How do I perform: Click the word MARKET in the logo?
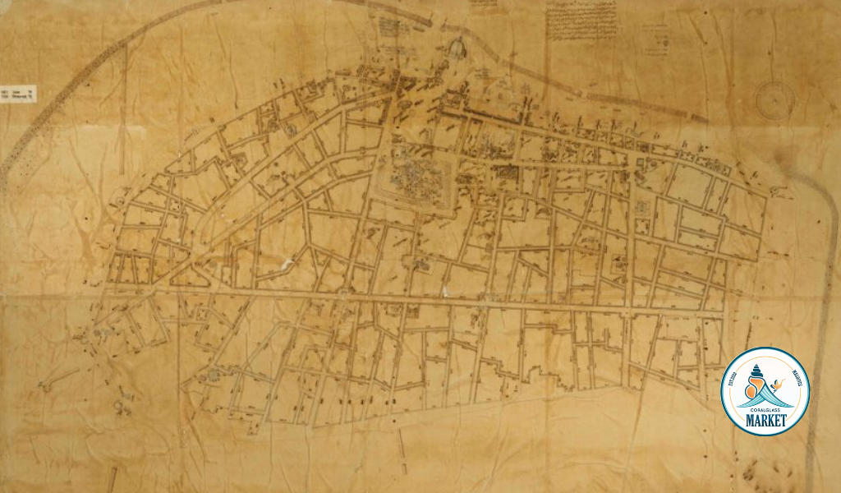point(765,422)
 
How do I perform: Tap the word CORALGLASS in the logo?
point(765,407)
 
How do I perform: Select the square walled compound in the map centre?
point(415,177)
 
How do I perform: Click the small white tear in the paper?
point(287,265)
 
